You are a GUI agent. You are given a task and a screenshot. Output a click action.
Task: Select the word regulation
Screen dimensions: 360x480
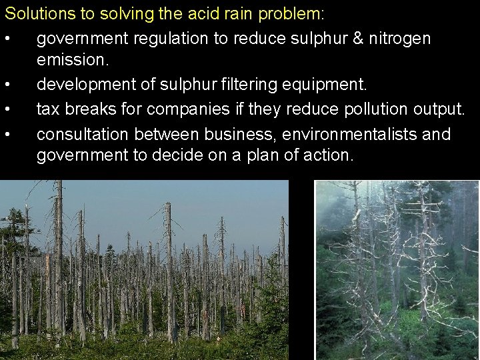[x=169, y=39]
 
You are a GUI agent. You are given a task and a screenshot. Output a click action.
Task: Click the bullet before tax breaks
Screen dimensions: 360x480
[x=7, y=109]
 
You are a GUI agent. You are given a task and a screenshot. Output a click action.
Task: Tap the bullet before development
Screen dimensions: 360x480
[x=7, y=85]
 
